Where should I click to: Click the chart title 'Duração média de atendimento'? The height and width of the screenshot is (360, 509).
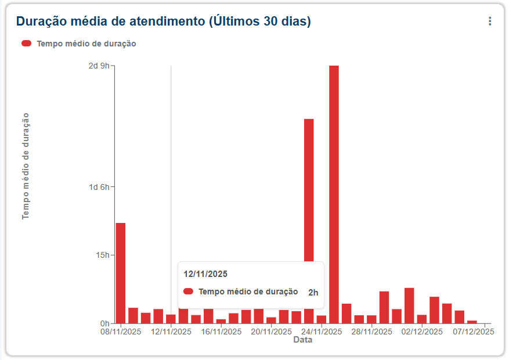[163, 21]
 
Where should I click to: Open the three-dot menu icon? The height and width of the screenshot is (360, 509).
[490, 21]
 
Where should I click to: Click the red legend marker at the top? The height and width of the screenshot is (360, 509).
[26, 44]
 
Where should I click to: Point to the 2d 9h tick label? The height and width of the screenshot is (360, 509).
[98, 66]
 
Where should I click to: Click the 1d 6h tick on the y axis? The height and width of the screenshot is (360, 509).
[98, 187]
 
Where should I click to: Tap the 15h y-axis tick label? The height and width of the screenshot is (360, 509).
[102, 255]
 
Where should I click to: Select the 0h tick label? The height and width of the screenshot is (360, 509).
[104, 323]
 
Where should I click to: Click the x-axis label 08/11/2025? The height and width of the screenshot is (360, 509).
[121, 332]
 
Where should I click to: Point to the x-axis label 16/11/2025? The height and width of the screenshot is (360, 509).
[221, 332]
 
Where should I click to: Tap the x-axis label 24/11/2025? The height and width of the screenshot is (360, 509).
[322, 332]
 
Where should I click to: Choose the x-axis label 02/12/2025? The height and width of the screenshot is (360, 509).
[422, 332]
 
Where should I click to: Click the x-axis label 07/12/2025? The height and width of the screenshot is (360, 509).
[474, 332]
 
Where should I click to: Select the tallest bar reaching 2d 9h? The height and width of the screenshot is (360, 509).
[334, 195]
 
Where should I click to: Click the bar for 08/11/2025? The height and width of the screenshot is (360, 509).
[121, 273]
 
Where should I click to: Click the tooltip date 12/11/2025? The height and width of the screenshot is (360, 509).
[205, 273]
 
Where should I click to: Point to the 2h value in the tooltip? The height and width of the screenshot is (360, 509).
[313, 293]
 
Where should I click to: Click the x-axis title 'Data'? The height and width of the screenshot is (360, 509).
[302, 340]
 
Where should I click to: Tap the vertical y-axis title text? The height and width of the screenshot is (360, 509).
[26, 166]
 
